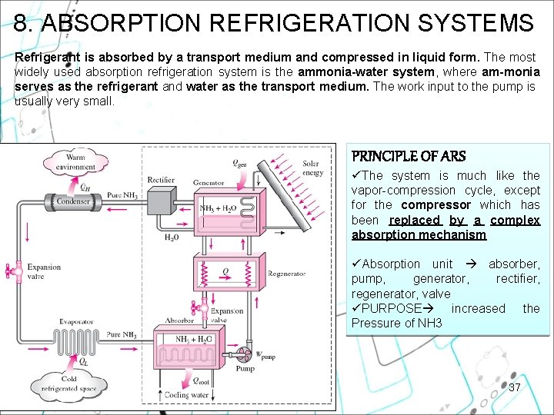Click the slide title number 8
pos(22,23)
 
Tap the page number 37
pos(514,387)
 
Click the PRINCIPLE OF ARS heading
pos(409,157)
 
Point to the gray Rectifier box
pos(160,201)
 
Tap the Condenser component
pos(74,202)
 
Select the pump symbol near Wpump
pos(245,355)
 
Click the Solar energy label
pos(312,168)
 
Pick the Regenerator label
pos(286,274)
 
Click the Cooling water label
pos(186,395)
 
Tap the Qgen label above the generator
pos(240,163)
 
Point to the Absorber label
pos(179,320)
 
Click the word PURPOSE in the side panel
pos(391,308)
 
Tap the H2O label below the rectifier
pos(171,237)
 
